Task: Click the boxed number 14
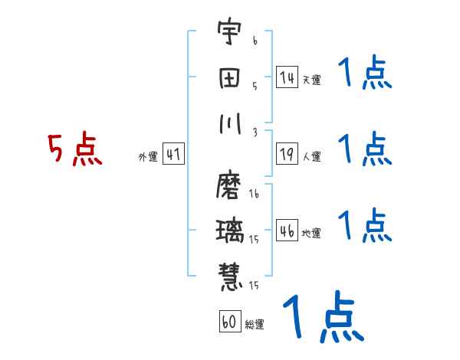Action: [287, 77]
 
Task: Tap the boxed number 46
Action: [287, 231]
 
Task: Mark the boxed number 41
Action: [173, 155]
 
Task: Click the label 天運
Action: [311, 80]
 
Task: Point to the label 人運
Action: [311, 157]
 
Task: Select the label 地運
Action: [311, 233]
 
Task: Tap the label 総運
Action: [255, 324]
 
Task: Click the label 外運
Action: [147, 157]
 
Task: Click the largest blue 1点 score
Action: [322, 318]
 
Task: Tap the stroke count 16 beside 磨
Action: [254, 195]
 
